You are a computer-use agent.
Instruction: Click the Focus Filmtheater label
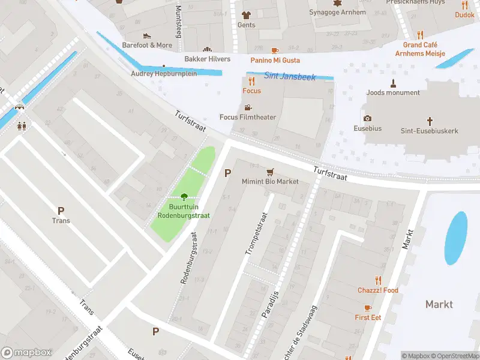[248, 117]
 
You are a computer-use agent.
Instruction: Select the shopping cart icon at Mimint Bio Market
[270, 172]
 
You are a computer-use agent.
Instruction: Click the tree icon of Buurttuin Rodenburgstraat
[184, 196]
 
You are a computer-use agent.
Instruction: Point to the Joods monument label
[394, 93]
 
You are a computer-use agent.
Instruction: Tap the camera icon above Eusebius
[367, 119]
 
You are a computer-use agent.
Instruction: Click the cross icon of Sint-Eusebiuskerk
[430, 121]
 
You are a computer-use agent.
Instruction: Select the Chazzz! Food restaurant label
[377, 290]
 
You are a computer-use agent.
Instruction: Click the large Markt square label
[439, 304]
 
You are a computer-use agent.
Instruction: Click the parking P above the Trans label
[61, 211]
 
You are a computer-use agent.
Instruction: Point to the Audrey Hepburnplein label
[164, 74]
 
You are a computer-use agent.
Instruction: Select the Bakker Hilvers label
[207, 59]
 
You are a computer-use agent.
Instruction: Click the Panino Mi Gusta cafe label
[275, 60]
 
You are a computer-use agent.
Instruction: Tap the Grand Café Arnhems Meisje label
[420, 49]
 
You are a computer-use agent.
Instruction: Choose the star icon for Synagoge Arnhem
[337, 3]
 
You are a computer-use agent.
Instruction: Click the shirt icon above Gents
[246, 15]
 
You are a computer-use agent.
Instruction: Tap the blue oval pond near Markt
[457, 238]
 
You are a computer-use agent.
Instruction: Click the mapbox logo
[26, 353]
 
